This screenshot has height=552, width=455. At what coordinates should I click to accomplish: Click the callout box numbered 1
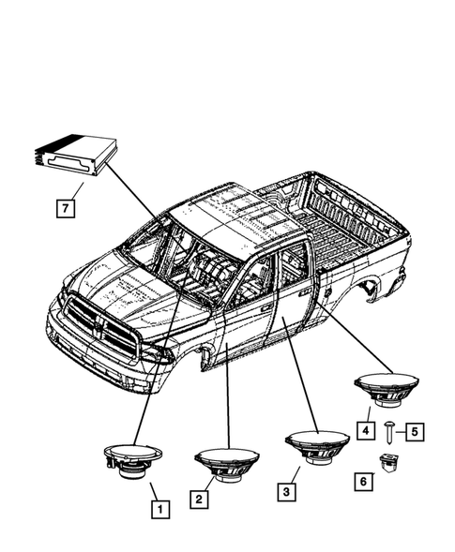point(160,510)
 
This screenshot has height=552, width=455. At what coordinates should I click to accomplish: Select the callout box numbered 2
point(199,500)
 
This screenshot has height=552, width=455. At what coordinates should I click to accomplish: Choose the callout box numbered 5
point(414,431)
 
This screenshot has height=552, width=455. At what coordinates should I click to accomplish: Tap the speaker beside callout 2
point(228,462)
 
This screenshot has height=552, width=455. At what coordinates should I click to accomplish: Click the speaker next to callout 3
point(317,444)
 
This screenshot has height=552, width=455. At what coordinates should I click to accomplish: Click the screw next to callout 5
point(388,431)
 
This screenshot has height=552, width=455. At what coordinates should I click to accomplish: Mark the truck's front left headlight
point(156,354)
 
